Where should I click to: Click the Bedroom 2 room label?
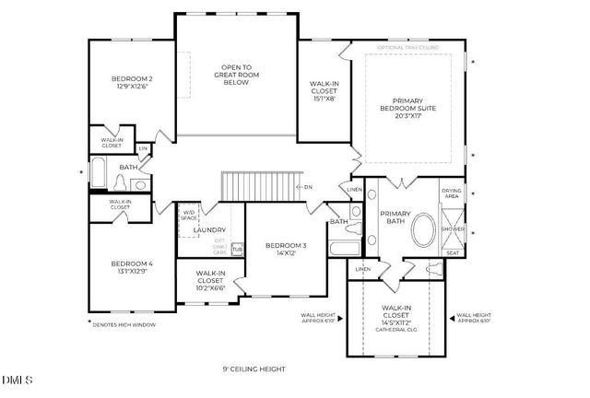(x=132, y=79)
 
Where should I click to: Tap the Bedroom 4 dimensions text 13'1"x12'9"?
(x=132, y=270)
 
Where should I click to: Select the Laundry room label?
(x=209, y=230)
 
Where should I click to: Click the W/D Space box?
(x=190, y=217)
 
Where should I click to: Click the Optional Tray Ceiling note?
(x=407, y=47)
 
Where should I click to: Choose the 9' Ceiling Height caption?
(x=254, y=369)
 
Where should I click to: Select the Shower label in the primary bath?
(x=452, y=228)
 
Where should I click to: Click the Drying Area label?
(x=452, y=193)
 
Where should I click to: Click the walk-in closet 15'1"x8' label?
(x=324, y=91)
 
